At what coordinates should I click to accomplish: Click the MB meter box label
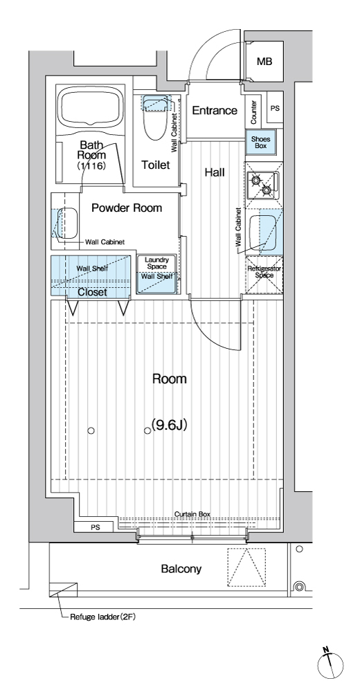point(264,62)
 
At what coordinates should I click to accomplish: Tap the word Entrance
point(215,110)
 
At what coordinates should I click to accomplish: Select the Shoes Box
point(260,142)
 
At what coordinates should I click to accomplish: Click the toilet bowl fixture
point(156,116)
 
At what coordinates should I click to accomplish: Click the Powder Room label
point(127,208)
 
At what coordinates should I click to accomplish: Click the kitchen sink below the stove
point(263,233)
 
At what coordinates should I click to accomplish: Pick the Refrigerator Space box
point(264,275)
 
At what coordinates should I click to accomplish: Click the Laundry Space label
point(156,264)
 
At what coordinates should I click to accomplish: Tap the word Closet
point(92,292)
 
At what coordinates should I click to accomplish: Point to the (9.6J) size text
point(170,425)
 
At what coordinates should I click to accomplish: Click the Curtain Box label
point(192,514)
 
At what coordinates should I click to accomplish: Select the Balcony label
point(181,569)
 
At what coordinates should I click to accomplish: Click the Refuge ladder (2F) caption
point(103,617)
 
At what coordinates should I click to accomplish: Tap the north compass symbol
point(330,664)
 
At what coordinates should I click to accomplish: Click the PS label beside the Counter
point(275,108)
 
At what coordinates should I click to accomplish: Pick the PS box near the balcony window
point(96,527)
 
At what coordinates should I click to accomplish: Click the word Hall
point(214,172)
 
